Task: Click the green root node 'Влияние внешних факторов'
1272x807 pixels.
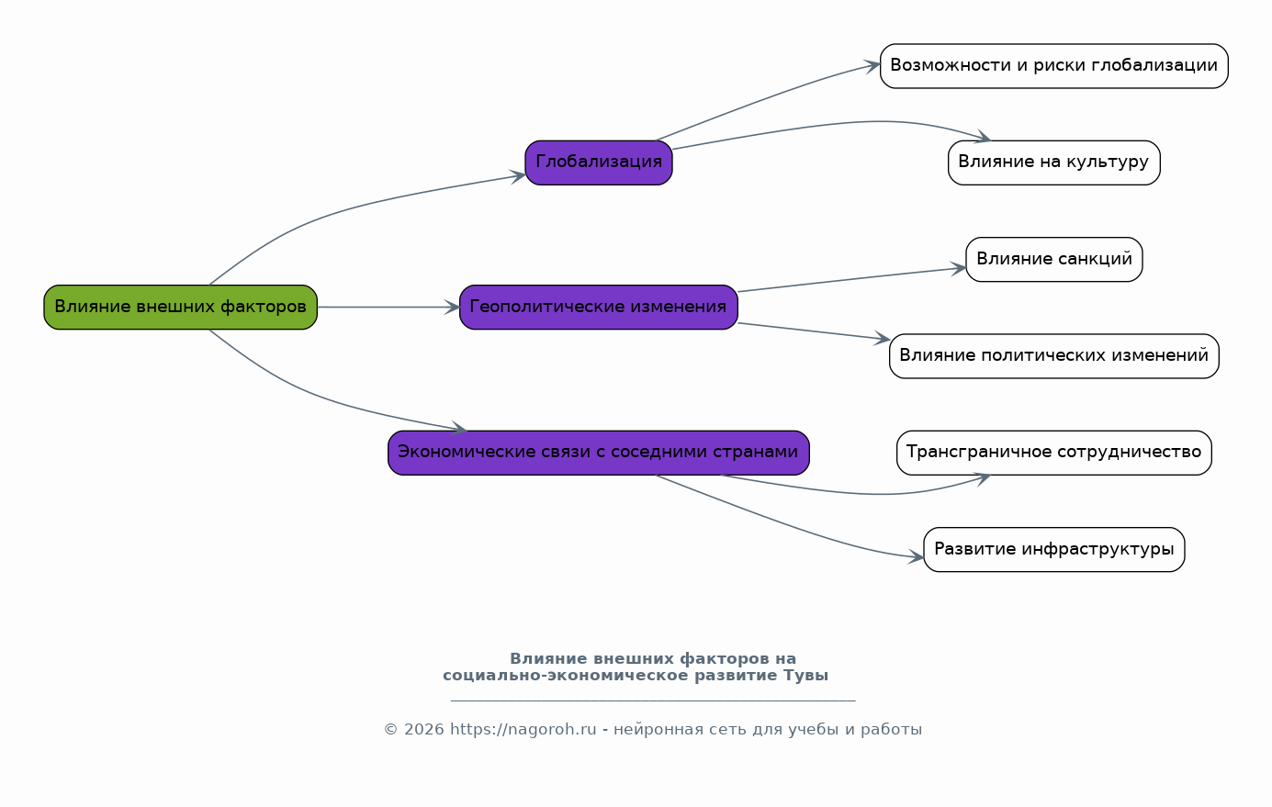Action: pyautogui.click(x=180, y=307)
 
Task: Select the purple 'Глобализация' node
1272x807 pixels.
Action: pyautogui.click(x=598, y=163)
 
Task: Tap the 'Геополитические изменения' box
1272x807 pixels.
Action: pyautogui.click(x=598, y=307)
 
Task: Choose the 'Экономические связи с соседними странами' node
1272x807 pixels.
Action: pyautogui.click(x=598, y=453)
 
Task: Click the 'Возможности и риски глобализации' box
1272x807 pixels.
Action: pyautogui.click(x=1053, y=66)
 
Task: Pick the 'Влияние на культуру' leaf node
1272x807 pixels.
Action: pyautogui.click(x=1053, y=163)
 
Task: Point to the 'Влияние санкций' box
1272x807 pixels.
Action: pyautogui.click(x=1053, y=260)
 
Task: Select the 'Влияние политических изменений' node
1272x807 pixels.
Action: pyautogui.click(x=1053, y=356)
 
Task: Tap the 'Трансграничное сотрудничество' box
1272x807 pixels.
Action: pyautogui.click(x=1053, y=453)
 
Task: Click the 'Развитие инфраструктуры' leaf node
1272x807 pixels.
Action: pyautogui.click(x=1053, y=549)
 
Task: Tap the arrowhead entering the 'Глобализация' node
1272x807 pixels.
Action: pyautogui.click(x=518, y=175)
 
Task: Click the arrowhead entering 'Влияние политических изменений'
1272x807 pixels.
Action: pyautogui.click(x=883, y=339)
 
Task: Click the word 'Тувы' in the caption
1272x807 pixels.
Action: pyautogui.click(x=805, y=676)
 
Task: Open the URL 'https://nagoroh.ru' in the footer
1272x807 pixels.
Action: pyautogui.click(x=523, y=730)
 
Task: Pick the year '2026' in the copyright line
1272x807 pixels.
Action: pyautogui.click(x=423, y=730)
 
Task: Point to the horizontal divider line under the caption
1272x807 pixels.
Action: pyautogui.click(x=653, y=701)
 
